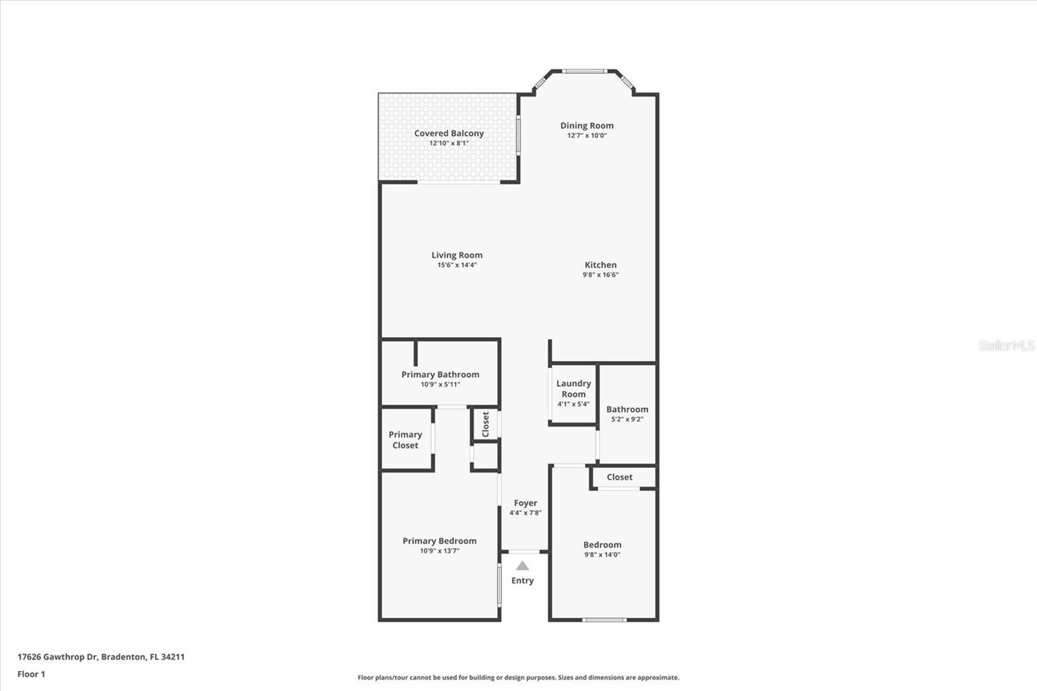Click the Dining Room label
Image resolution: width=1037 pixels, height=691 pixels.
(587, 126)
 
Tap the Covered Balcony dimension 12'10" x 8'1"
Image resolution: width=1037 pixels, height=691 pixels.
(449, 143)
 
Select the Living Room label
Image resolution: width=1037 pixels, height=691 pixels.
(457, 255)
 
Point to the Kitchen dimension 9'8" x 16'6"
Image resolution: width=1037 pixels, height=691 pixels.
(600, 275)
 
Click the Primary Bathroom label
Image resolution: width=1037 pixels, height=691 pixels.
(440, 374)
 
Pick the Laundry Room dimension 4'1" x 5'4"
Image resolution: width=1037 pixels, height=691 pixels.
(573, 404)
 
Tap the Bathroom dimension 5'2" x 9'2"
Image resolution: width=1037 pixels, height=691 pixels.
(627, 419)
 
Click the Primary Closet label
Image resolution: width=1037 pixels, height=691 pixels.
(405, 440)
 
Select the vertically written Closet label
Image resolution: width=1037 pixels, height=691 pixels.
(485, 424)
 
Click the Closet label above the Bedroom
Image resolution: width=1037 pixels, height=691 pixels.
(620, 477)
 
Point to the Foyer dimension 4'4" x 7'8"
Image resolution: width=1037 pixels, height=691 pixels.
(525, 513)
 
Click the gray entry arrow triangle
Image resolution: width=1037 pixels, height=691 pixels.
(522, 565)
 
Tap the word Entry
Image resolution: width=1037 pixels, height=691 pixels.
(522, 581)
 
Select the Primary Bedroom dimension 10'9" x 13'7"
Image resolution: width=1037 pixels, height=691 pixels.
(439, 551)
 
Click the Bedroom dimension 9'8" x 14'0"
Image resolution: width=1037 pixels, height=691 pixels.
(602, 555)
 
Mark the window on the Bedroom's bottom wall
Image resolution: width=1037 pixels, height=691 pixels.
(604, 620)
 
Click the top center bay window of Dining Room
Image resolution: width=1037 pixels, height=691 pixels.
(584, 71)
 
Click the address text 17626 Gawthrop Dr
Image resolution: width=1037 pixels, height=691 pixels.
(58, 657)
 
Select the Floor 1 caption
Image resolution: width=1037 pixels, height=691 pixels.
(31, 674)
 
